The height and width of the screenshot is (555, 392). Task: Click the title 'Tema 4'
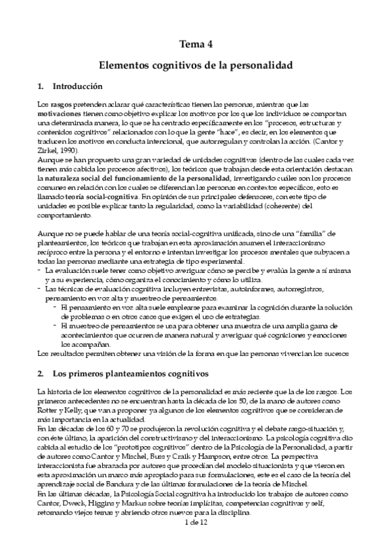coord(196,45)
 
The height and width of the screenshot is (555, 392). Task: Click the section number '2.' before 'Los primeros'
coord(41,374)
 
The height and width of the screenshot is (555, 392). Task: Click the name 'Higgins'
coord(111,501)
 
